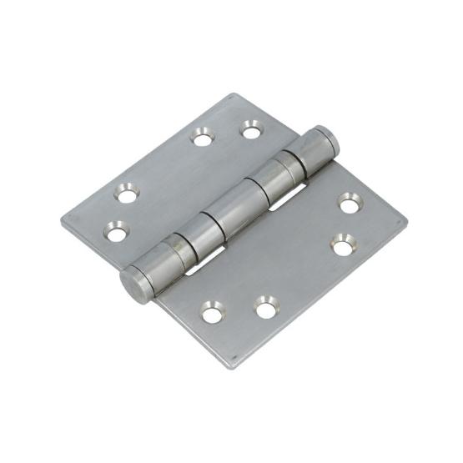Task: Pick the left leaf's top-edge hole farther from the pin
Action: (201, 136)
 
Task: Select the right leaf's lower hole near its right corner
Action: (341, 245)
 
